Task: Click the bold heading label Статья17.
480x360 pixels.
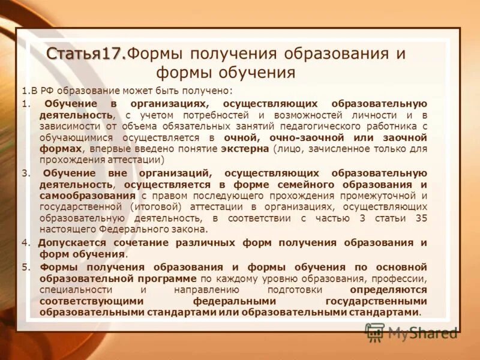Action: pos(86,53)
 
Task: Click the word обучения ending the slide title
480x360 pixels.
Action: pos(261,73)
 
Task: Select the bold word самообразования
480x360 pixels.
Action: pos(87,195)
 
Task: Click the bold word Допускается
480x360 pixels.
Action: pos(72,242)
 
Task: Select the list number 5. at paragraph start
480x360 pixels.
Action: pos(25,266)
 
